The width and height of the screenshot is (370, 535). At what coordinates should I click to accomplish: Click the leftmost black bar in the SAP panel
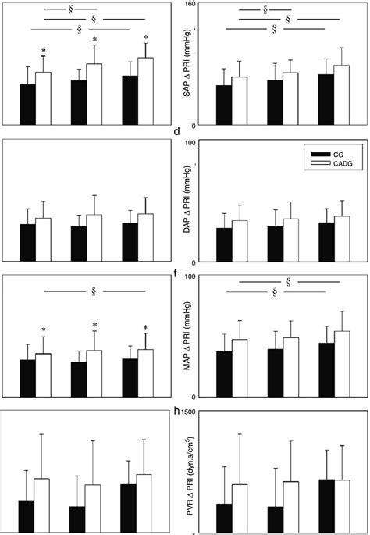(x=224, y=105)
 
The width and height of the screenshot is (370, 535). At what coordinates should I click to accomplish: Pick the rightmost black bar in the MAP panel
(x=326, y=369)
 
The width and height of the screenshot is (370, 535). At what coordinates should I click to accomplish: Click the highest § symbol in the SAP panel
(x=266, y=10)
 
